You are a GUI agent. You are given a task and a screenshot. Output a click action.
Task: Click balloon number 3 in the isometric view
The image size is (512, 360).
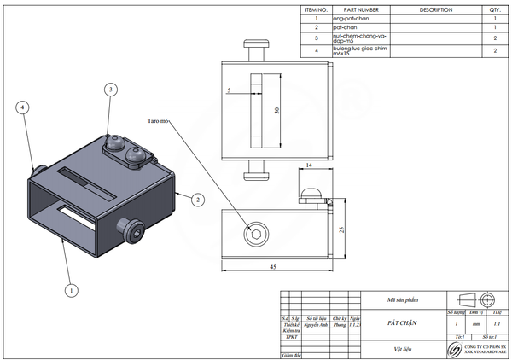110,90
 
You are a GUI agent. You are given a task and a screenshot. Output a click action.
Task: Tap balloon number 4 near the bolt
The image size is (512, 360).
24,107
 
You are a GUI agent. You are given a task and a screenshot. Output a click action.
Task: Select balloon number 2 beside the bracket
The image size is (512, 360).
198,200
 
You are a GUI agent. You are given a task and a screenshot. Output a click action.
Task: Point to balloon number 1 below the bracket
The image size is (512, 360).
72,290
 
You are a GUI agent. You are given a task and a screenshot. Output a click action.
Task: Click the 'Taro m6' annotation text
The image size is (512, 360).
159,121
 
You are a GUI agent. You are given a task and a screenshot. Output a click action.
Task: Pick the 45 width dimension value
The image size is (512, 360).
273,267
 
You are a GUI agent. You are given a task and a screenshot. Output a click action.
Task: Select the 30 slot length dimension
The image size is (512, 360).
276,111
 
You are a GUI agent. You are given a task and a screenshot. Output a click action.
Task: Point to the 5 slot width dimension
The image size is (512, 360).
230,90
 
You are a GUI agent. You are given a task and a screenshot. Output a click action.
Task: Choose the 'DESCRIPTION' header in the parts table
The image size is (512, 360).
436,10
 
